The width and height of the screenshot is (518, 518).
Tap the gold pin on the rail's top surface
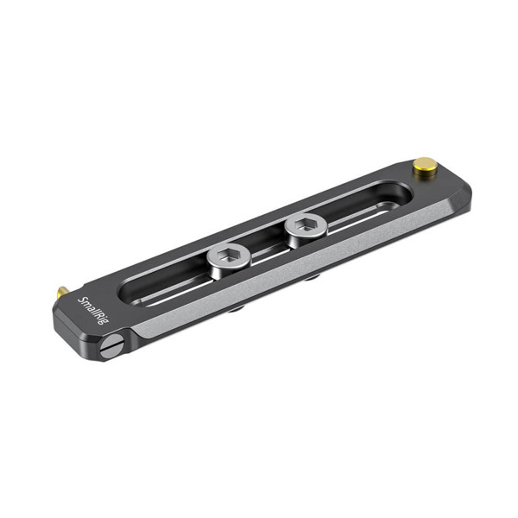[x=424, y=164]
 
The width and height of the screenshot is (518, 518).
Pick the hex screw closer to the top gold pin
[x=305, y=228]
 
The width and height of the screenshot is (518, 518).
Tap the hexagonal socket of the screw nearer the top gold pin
[x=305, y=226]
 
